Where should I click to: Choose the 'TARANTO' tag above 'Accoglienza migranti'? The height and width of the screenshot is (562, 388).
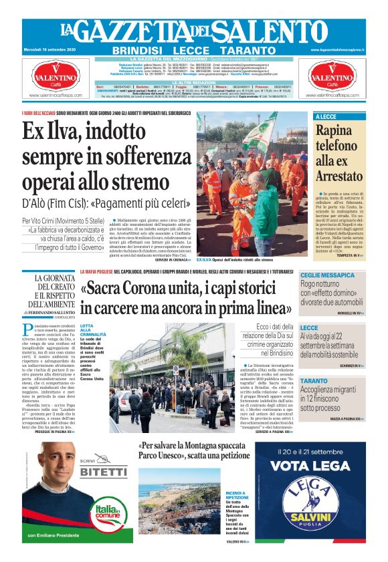[314, 381]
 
